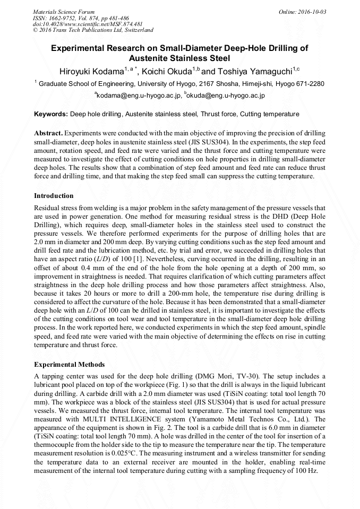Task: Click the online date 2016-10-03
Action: [x=307, y=11]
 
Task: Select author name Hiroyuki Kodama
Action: [x=88, y=71]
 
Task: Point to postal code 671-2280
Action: [x=309, y=84]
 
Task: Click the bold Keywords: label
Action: [x=51, y=114]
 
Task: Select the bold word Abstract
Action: [x=48, y=132]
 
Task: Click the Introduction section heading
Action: [x=54, y=196]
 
